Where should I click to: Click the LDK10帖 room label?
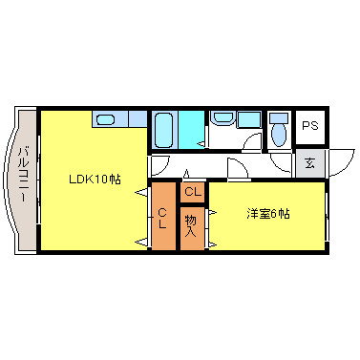tap(94, 179)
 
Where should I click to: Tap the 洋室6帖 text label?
tap(267, 212)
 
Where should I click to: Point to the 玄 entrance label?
tap(309, 162)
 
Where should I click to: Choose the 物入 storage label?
tap(191, 225)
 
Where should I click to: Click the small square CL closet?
tap(192, 192)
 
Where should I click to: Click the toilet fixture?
tap(278, 130)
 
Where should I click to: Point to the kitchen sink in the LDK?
tap(106, 119)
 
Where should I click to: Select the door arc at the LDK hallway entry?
tap(159, 164)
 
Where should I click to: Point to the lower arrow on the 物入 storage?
tap(211, 243)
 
